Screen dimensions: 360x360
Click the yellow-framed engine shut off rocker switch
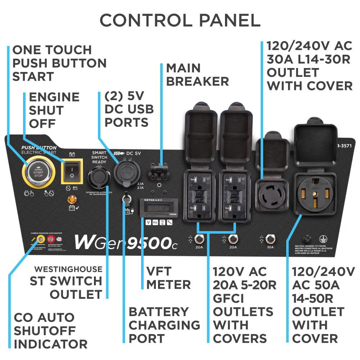(72, 170)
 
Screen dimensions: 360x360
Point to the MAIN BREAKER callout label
(197, 75)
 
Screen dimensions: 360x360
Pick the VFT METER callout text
(168, 278)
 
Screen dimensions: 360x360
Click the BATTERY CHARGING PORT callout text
(164, 325)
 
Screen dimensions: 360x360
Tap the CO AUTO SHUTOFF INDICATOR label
(50, 330)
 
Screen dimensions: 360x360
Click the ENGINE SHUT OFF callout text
(54, 110)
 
